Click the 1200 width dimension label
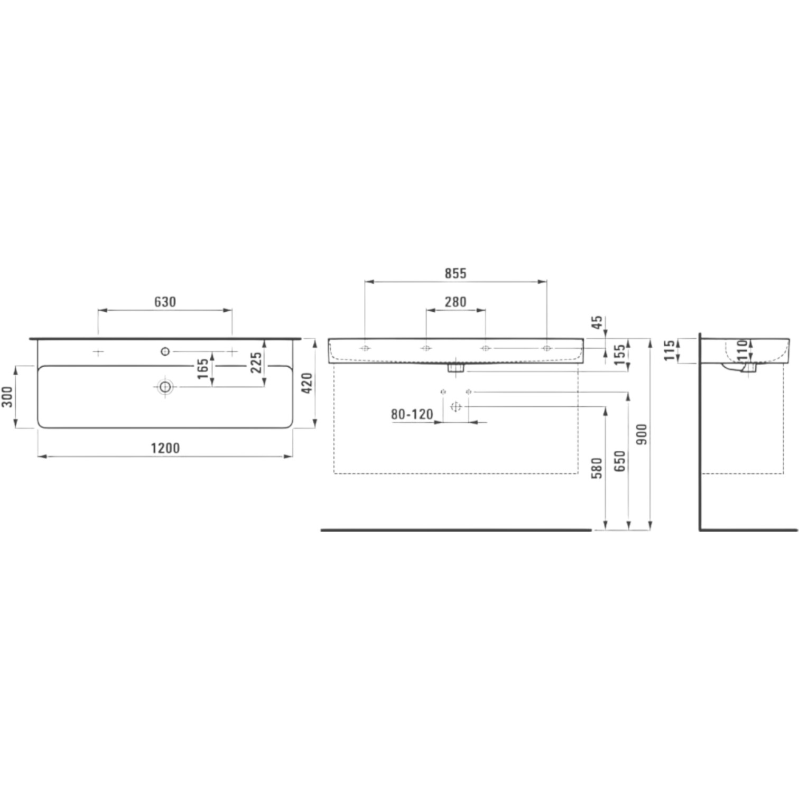pos(165,448)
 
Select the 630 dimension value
pos(165,302)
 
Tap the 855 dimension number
pos(456,273)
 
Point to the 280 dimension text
pos(456,302)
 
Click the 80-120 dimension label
pos(412,414)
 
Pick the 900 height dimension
pos(642,434)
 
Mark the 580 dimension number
pos(597,469)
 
